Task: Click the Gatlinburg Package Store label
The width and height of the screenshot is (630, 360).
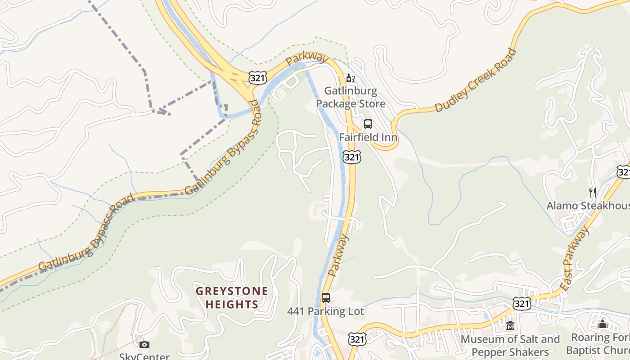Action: pos(351,97)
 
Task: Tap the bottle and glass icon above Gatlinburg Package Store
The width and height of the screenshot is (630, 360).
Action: pos(350,78)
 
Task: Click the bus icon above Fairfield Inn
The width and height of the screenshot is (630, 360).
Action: pos(368,124)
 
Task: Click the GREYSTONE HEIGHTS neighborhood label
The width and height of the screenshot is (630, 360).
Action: pos(232,297)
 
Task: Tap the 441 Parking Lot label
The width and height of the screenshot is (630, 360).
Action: pos(325,311)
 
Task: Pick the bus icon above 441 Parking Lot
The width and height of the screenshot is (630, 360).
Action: pos(325,298)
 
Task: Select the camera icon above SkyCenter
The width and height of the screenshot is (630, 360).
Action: pos(144,345)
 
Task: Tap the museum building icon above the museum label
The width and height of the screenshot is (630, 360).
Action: pos(510,326)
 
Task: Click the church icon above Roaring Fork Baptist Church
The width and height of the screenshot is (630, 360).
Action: pos(603,324)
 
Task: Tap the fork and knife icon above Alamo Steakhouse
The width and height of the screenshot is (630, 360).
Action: pos(593,193)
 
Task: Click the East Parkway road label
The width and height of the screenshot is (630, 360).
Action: pos(575,258)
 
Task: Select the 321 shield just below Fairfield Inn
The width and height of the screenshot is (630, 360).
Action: pos(351,157)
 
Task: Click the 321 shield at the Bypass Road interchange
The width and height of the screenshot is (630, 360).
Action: pos(258,78)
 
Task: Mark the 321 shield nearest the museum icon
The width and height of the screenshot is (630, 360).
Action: pos(522,303)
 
